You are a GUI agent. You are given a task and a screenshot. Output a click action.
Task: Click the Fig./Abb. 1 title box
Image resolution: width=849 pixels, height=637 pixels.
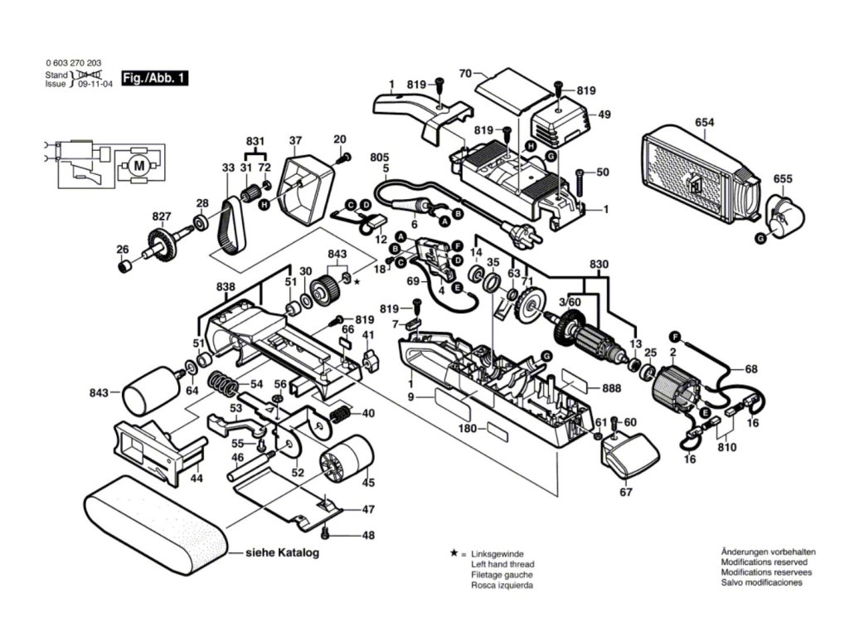(155, 78)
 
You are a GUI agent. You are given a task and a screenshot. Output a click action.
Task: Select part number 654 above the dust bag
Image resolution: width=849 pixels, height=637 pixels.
(704, 123)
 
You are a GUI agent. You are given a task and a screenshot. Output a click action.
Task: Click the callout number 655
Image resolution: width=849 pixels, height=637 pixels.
(783, 178)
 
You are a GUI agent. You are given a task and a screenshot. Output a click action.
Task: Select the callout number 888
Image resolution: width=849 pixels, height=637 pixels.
(612, 388)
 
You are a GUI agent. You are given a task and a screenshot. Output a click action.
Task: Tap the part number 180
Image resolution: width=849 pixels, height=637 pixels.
(468, 429)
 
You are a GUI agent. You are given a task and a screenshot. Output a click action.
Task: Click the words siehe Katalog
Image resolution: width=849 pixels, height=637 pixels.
(282, 552)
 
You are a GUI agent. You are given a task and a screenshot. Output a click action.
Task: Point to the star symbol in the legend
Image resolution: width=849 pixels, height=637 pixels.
(453, 552)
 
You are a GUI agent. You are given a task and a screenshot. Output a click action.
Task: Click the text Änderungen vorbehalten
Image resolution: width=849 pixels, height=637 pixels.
(768, 552)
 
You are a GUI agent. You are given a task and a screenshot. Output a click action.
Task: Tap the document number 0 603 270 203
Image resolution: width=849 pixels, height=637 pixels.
(75, 63)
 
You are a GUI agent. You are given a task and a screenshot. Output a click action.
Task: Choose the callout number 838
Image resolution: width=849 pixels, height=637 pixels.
(226, 287)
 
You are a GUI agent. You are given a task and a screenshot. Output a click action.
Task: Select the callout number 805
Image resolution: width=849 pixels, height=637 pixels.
(379, 157)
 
